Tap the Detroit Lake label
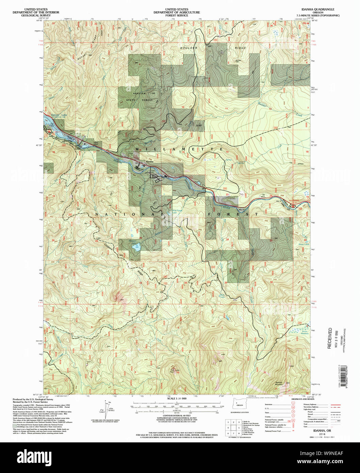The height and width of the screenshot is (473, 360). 55,116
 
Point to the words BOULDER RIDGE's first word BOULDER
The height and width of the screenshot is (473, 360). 189,48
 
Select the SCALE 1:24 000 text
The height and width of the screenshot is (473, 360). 177,398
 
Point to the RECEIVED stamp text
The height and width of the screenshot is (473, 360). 329,338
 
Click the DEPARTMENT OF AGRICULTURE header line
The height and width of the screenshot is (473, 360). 177,12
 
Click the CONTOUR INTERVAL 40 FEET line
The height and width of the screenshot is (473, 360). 177,416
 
